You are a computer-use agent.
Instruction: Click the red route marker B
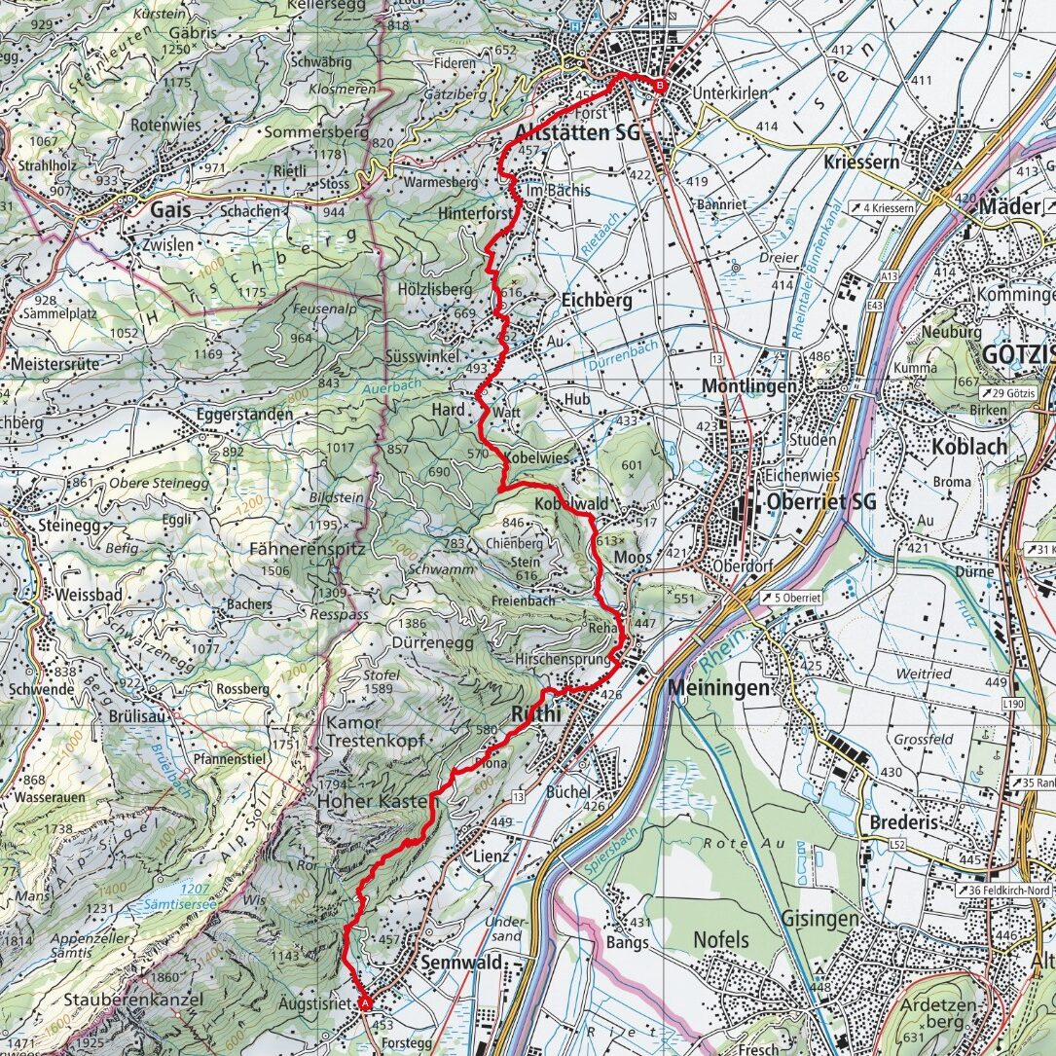tap(660, 86)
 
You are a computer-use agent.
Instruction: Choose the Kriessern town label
tap(861, 162)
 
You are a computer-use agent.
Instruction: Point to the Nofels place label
tap(721, 939)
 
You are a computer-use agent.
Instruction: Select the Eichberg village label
tap(597, 301)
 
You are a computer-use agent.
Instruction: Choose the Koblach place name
tap(967, 446)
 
